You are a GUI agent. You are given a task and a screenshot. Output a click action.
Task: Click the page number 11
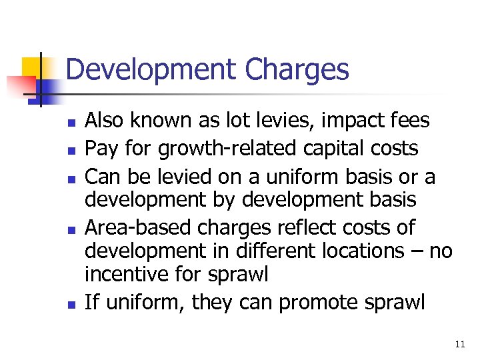pyautogui.click(x=459, y=344)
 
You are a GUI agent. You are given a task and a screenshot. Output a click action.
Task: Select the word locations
pyautogui.click(x=359, y=251)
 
